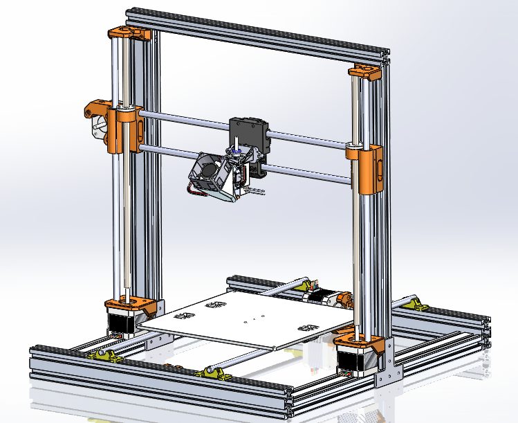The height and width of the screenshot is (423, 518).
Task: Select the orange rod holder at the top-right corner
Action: pos(364,71)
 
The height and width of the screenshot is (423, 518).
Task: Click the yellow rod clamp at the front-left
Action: pos(104,355)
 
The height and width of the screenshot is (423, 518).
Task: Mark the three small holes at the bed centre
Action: pos(255,319)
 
